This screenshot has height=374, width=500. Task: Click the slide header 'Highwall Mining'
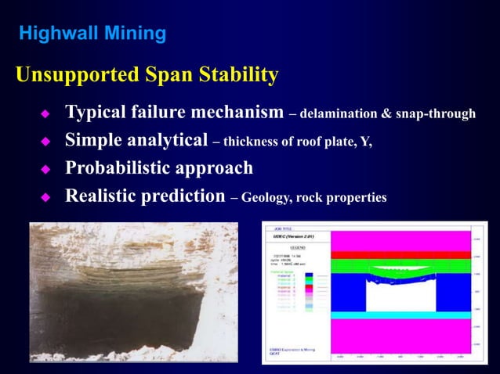point(92,34)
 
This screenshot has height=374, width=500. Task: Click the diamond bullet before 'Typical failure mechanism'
point(45,114)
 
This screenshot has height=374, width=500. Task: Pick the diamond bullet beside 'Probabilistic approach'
point(45,169)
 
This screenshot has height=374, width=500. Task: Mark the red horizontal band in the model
point(400,254)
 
